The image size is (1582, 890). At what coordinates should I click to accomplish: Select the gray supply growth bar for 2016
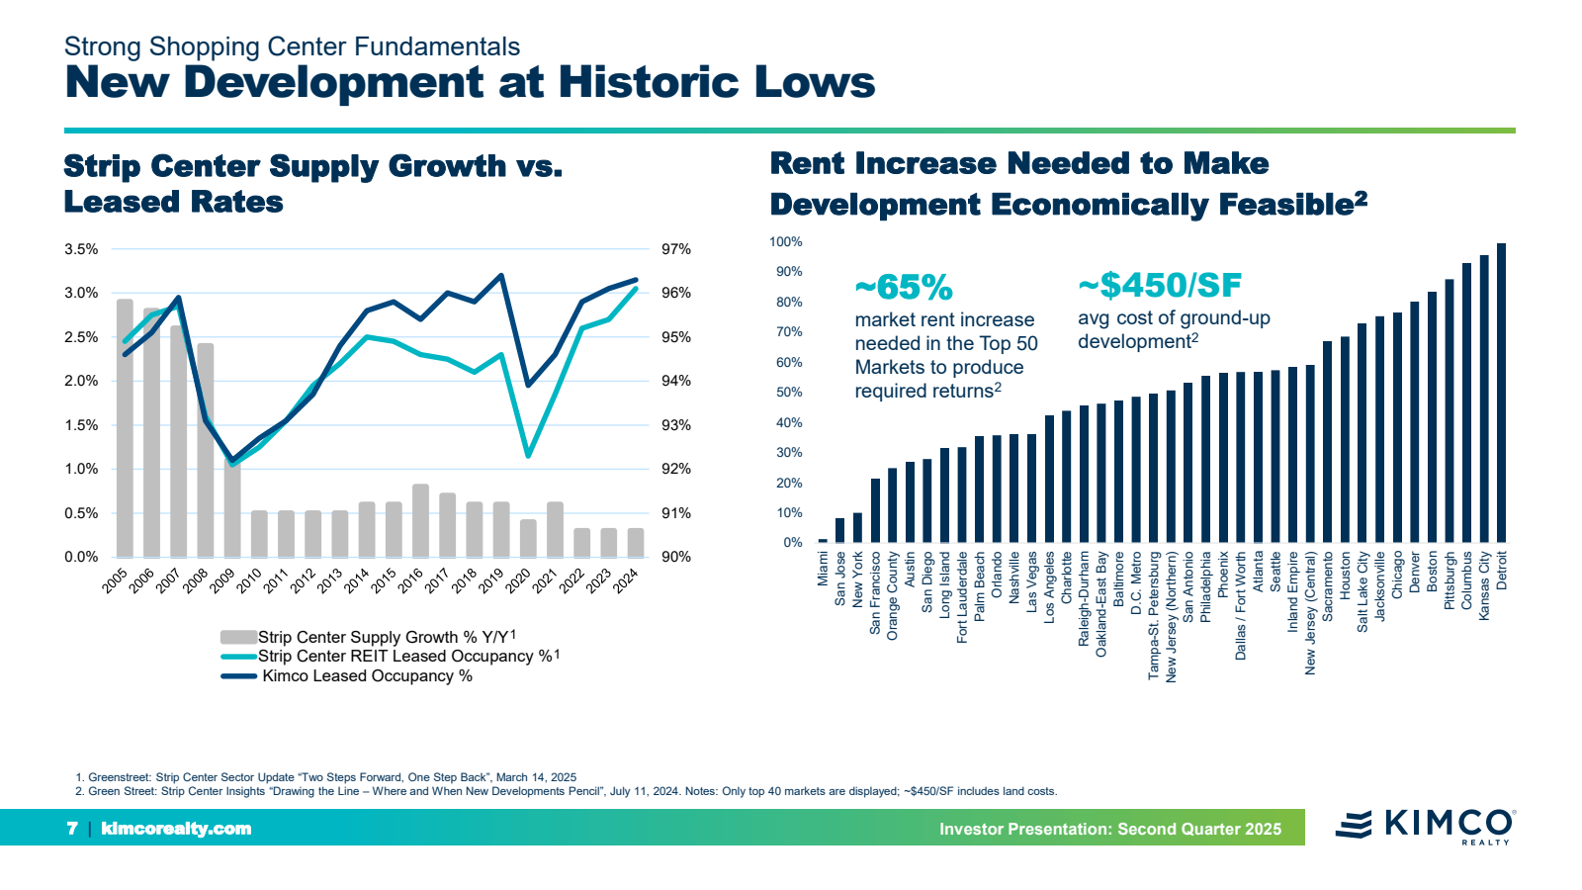420,520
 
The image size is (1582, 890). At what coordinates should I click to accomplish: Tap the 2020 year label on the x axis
518,581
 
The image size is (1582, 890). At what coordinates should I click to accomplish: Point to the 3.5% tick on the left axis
81,249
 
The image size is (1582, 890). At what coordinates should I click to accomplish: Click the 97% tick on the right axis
676,249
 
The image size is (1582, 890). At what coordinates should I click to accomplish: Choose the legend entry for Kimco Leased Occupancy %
367,676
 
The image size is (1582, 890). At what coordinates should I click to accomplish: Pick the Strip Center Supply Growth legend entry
387,637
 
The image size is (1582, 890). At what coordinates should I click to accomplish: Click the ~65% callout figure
904,288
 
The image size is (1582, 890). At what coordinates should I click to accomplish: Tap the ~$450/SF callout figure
1160,286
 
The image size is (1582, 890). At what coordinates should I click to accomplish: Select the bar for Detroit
1501,393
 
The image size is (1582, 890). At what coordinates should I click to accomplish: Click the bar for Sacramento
1328,442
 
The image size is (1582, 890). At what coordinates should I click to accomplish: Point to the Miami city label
824,569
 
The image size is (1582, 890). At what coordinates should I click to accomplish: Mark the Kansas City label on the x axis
1484,585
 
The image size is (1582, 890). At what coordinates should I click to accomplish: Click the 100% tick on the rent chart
786,242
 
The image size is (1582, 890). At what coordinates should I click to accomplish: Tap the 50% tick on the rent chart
789,393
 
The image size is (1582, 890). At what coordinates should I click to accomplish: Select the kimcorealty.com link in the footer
176,829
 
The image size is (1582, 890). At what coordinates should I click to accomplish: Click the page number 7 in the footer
72,829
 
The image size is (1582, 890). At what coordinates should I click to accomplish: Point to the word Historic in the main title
648,82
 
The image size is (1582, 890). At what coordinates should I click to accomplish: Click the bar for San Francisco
875,510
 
